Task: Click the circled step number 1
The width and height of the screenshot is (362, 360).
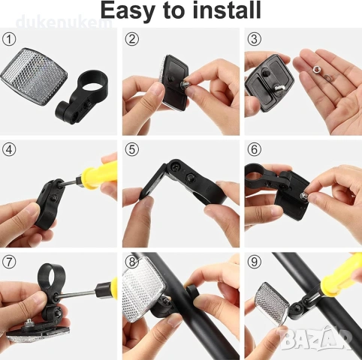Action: pyautogui.click(x=9, y=39)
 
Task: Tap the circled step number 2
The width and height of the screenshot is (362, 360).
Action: pyautogui.click(x=131, y=39)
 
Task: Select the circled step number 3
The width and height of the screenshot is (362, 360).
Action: pyautogui.click(x=254, y=39)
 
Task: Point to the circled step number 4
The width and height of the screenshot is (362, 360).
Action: pyautogui.click(x=9, y=150)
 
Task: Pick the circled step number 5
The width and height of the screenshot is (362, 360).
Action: pyautogui.click(x=131, y=150)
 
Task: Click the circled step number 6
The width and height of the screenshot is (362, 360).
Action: pyautogui.click(x=254, y=150)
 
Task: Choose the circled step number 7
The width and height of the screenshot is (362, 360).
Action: pyautogui.click(x=9, y=262)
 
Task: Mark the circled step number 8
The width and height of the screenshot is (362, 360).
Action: pyautogui.click(x=131, y=262)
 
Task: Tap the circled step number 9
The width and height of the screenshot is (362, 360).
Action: pyautogui.click(x=254, y=262)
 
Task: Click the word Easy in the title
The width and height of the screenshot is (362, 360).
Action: pyautogui.click(x=127, y=11)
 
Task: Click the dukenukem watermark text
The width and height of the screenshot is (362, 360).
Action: pyautogui.click(x=64, y=22)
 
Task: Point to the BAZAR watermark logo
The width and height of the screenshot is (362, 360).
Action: pyautogui.click(x=316, y=337)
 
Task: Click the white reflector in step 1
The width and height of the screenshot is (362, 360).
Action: pyautogui.click(x=34, y=76)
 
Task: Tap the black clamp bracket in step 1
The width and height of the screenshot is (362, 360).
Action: pyautogui.click(x=82, y=97)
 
